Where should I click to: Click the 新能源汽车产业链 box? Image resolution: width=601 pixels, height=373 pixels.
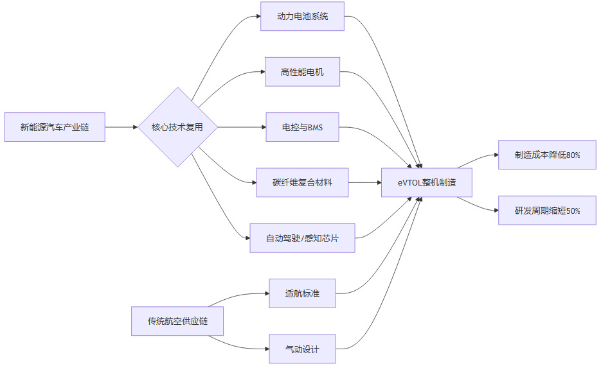[55, 127]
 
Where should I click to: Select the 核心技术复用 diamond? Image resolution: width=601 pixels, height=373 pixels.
[177, 127]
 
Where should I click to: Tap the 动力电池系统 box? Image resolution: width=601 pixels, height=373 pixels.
[302, 16]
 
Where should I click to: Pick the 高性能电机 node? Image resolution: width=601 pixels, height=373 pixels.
[302, 72]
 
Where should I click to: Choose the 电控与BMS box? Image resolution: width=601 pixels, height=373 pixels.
[302, 127]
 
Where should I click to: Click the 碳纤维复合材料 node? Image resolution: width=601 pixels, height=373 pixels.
[302, 182]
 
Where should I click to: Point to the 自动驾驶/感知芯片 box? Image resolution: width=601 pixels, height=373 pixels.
[302, 238]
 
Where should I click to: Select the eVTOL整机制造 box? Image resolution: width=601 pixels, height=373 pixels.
[427, 182]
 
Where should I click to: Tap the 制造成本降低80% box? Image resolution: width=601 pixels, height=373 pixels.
[547, 155]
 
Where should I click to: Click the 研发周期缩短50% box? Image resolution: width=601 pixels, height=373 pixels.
[547, 211]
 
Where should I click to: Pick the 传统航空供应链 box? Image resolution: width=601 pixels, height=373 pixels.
[177, 321]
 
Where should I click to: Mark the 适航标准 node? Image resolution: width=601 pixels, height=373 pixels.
[302, 293]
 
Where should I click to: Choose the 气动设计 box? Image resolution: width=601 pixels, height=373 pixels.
[302, 349]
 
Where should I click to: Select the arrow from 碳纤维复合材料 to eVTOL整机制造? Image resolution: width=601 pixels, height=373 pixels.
[365, 182]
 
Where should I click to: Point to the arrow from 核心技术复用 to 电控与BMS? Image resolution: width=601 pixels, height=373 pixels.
[241, 127]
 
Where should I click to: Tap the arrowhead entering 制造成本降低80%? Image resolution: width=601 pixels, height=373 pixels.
[495, 155]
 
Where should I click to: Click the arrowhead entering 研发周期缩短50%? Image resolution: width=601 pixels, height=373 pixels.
[495, 211]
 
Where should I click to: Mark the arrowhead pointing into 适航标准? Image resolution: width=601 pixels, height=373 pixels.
[265, 293]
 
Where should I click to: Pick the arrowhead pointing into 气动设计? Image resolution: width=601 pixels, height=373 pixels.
[265, 349]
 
